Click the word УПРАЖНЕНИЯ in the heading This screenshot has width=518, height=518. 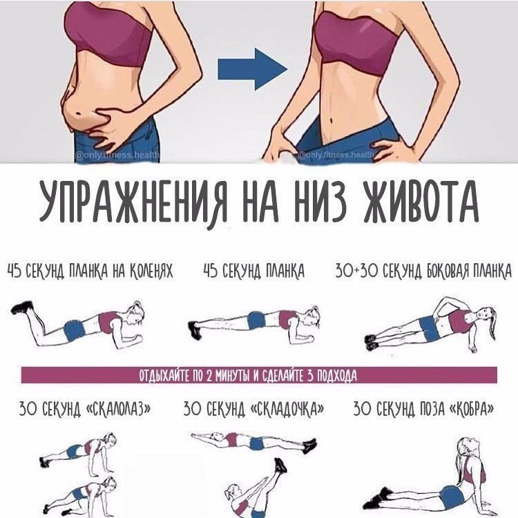[x=133, y=203]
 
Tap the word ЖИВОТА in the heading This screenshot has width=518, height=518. [x=421, y=202]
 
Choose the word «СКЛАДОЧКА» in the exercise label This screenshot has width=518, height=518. [x=287, y=409]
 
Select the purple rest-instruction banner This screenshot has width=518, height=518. [x=259, y=375]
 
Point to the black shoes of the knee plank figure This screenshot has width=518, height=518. [x=22, y=307]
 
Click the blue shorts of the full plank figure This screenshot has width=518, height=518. [x=256, y=320]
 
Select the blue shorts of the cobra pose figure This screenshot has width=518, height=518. [x=451, y=497]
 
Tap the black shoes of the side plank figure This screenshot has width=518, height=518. [x=371, y=342]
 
